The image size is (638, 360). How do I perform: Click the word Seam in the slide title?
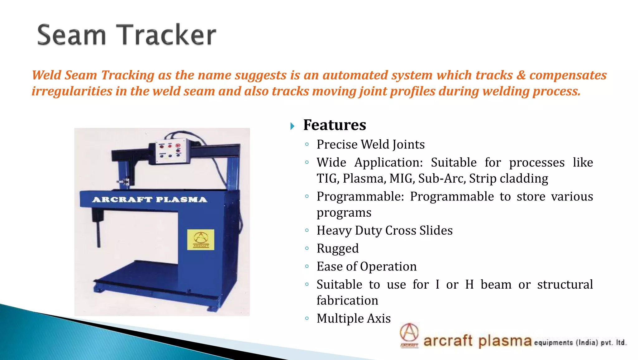tap(72, 35)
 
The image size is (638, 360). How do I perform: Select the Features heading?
tap(335, 125)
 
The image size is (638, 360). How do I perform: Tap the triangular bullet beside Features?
tap(292, 126)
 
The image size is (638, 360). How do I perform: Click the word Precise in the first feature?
tap(337, 144)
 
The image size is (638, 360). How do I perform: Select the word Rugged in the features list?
tap(338, 248)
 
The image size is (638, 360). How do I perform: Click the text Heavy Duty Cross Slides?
tap(384, 230)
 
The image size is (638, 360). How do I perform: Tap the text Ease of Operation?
tap(366, 266)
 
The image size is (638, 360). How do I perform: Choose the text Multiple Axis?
tap(354, 318)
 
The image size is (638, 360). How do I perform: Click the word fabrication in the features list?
tap(347, 300)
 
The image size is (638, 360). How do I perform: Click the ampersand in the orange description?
tap(521, 75)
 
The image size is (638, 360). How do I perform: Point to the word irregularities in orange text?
tap(72, 91)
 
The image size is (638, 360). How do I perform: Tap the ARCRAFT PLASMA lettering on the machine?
tap(150, 199)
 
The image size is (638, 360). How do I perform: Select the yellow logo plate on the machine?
tap(201, 239)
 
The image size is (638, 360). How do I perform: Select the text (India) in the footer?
tap(587, 343)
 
